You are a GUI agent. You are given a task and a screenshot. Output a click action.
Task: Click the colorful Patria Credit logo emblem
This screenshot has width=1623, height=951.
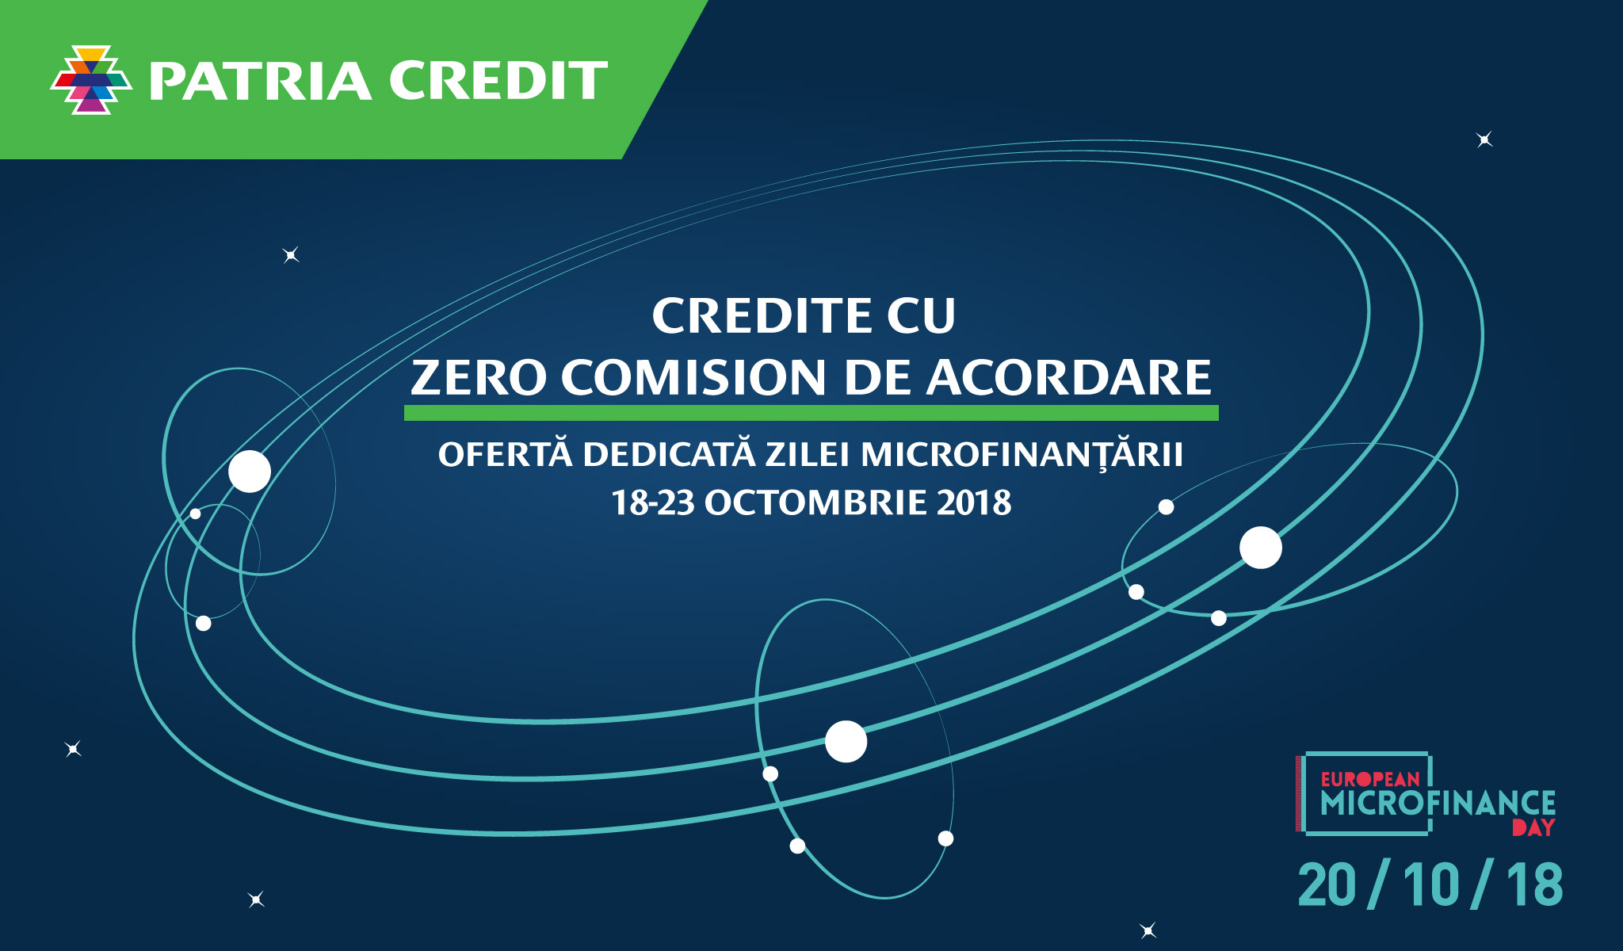point(91,80)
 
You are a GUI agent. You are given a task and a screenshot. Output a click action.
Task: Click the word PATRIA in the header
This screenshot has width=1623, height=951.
point(260,81)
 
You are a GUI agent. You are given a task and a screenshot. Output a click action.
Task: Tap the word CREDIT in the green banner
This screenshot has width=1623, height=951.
point(498,80)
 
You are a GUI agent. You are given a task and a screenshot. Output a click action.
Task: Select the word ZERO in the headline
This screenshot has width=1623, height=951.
point(479,377)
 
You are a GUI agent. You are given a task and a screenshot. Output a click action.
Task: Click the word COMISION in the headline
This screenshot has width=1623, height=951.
point(694,377)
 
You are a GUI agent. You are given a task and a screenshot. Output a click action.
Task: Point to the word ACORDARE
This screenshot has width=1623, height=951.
point(1069,377)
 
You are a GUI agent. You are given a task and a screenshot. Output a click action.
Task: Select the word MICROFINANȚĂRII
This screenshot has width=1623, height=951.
point(1022,454)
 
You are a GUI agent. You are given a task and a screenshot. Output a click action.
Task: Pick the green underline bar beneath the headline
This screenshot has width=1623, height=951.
point(811,413)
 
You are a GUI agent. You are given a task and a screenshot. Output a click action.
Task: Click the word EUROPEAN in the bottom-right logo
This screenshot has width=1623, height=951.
point(1370,779)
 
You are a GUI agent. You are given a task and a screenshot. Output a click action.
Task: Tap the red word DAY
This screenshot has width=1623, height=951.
point(1533,827)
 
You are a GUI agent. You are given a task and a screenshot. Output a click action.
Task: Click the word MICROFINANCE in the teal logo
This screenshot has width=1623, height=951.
point(1438,803)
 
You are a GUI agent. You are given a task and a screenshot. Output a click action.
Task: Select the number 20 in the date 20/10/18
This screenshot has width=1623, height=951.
point(1327,884)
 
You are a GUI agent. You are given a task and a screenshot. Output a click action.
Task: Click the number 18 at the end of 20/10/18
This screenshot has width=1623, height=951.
point(1535,884)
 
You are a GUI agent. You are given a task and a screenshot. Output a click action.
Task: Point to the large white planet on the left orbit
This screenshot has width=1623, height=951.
point(250,472)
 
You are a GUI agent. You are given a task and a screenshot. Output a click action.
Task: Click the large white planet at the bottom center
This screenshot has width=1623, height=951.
point(846,742)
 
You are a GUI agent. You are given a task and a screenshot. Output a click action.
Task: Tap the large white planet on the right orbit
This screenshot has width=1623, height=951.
point(1261,548)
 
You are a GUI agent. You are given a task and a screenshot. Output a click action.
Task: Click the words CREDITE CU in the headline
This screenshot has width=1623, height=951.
point(804,315)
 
